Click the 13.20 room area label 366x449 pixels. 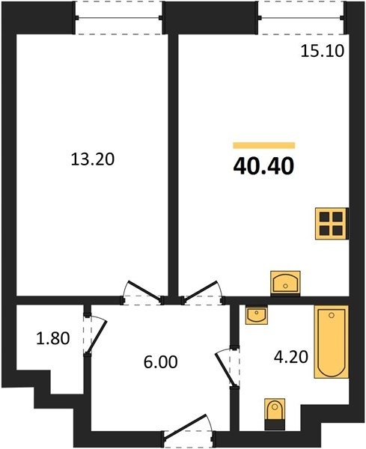coord(93,159)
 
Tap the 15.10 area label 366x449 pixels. coord(322,52)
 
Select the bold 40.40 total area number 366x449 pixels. coord(263,167)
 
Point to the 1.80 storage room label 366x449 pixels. coord(53,338)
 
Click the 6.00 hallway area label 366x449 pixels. coord(161,362)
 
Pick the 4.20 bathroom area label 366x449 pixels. coord(291,357)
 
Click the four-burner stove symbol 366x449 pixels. coord(332,223)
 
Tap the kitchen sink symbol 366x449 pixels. coord(285,283)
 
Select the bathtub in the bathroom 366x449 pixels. coord(332,342)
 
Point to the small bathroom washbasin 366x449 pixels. coord(257,315)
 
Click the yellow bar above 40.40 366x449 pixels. coord(263,145)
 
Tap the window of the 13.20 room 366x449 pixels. coord(119,18)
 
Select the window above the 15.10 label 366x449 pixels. coord(302,18)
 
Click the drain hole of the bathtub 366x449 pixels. coord(332,315)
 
